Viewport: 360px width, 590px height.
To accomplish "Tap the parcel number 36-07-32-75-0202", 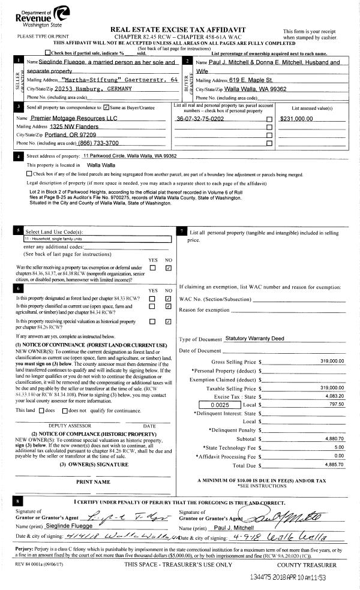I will coord(200,119).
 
